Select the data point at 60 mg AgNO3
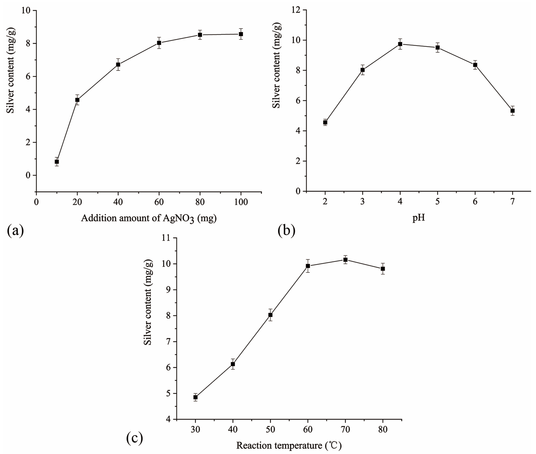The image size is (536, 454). click(159, 43)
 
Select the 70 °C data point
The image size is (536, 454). click(345, 260)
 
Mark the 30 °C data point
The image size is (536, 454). click(195, 397)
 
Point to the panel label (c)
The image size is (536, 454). click(135, 438)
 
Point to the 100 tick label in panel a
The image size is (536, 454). click(241, 202)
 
